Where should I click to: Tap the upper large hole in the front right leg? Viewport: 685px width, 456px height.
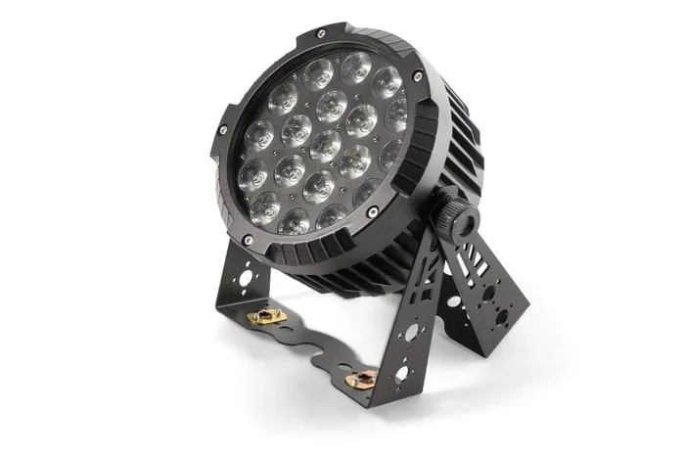[411, 332]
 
